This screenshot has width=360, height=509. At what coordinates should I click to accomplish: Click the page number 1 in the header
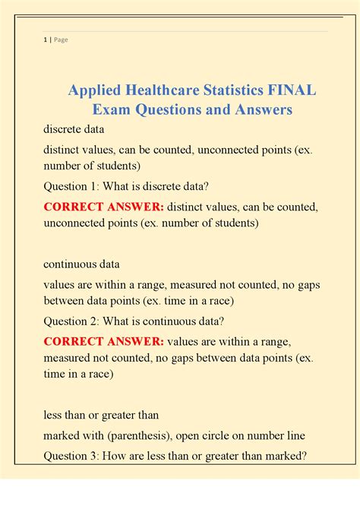pos(45,40)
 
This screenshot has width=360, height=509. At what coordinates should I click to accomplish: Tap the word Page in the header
pos(60,40)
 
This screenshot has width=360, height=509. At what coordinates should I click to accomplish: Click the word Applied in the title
pos(94,91)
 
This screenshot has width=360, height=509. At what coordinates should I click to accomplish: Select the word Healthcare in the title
pos(164,91)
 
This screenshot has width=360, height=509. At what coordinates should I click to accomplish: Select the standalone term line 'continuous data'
pos(81,264)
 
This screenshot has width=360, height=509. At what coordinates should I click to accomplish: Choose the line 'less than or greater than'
pos(101,415)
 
